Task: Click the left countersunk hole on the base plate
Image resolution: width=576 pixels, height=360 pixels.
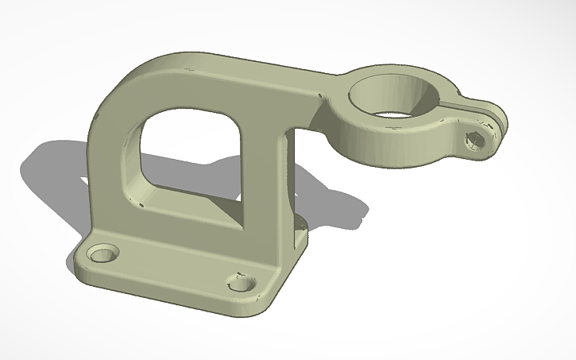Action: tap(103, 256)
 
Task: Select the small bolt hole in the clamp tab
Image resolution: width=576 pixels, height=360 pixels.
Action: tap(475, 141)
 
